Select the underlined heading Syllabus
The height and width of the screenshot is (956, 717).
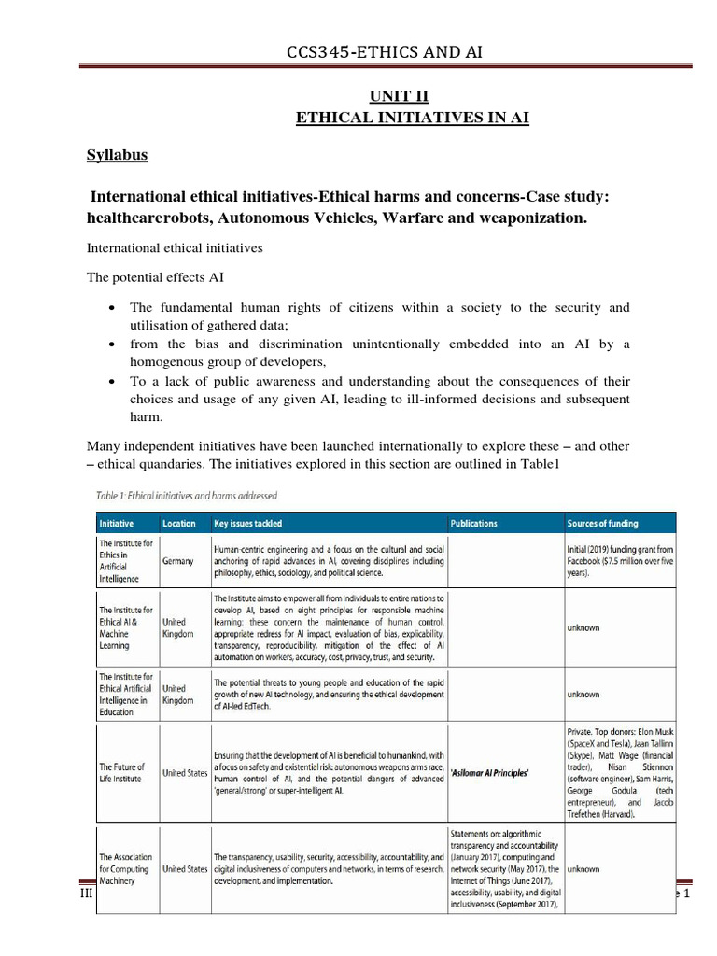117,155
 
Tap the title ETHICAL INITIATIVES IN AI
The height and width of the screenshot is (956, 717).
390,117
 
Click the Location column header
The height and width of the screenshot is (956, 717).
179,524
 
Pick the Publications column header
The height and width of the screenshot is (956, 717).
473,524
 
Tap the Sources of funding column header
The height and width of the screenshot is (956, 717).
610,524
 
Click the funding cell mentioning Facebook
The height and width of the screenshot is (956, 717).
621,561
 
